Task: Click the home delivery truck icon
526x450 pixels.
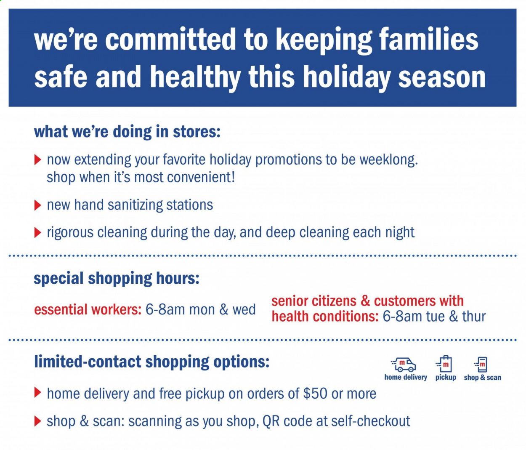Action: pos(403,365)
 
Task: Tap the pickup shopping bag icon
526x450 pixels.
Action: pos(444,364)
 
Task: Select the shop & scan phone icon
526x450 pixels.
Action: pos(481,365)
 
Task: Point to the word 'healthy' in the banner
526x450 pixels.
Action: pos(195,77)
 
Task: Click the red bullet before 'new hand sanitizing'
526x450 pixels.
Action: pos(38,205)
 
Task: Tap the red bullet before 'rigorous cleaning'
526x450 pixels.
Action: pos(38,233)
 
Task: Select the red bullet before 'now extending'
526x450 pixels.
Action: pos(38,160)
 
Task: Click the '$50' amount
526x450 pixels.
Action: pos(315,394)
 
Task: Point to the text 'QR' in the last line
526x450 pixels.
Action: pos(271,421)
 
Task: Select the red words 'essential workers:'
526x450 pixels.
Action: pos(88,309)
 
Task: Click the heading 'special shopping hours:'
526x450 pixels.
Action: pos(117,278)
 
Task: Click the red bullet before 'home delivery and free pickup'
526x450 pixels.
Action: pos(38,393)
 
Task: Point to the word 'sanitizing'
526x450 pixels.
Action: pos(135,205)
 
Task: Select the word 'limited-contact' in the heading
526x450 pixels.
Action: pos(88,362)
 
